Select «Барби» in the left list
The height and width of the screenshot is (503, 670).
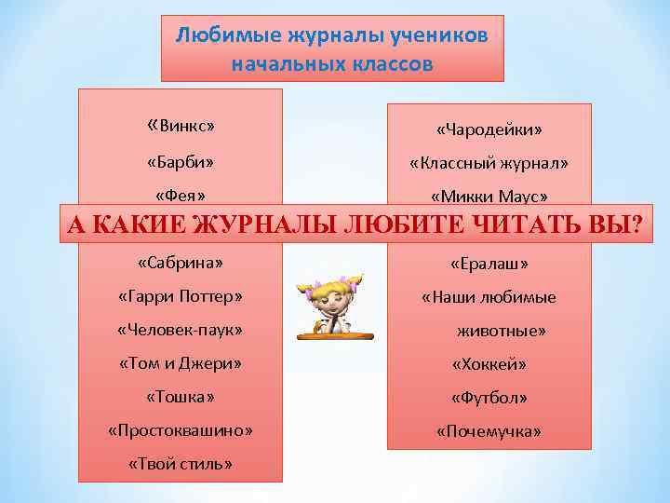click(x=181, y=163)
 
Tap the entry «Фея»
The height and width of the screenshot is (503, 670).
click(x=180, y=196)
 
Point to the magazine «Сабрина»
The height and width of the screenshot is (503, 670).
click(x=180, y=264)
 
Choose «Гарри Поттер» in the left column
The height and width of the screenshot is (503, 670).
click(x=180, y=297)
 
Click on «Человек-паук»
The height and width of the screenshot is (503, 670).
click(x=180, y=331)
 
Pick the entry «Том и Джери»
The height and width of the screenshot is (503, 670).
click(x=180, y=364)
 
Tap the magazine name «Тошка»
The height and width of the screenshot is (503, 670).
click(x=180, y=398)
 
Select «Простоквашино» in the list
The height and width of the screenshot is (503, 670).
click(x=180, y=431)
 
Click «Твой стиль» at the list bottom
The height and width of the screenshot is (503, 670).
click(x=180, y=465)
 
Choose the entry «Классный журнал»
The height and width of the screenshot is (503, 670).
click(x=489, y=163)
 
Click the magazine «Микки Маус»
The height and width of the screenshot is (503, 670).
click(x=489, y=197)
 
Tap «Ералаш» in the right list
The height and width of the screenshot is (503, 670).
click(x=489, y=265)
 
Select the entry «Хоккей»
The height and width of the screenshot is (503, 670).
click(x=489, y=364)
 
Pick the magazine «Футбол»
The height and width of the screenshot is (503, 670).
click(x=489, y=398)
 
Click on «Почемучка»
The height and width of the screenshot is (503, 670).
click(x=489, y=431)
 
